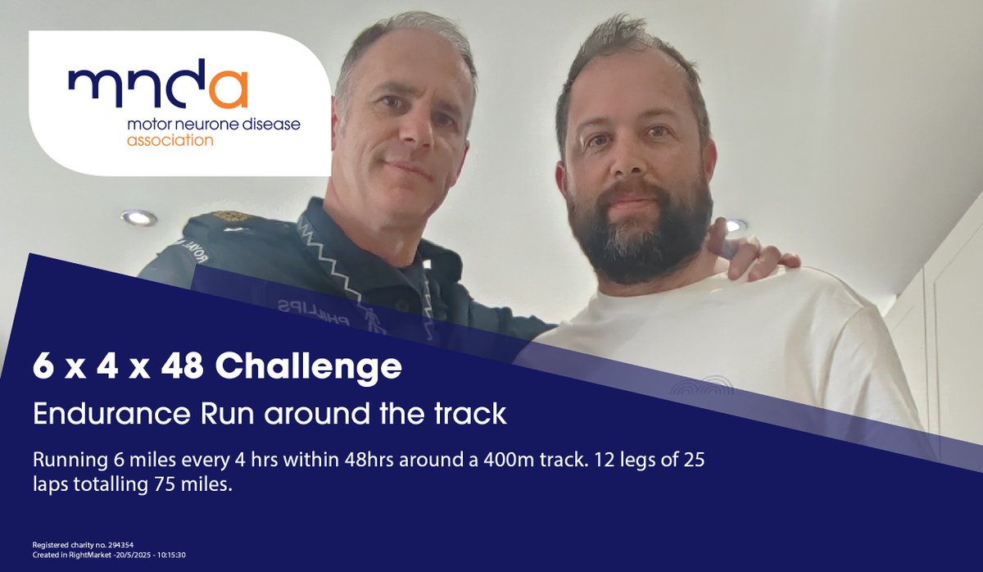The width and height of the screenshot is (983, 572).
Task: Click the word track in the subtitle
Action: pyautogui.click(x=473, y=414)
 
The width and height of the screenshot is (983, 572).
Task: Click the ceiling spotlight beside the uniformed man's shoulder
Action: pyautogui.click(x=138, y=217)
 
